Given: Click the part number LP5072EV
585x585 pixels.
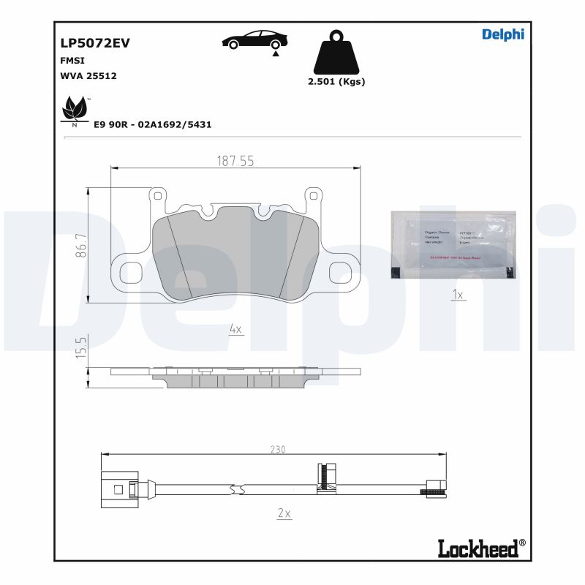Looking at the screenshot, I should pos(95,42).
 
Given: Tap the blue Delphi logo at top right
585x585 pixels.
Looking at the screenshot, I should pos(503,34).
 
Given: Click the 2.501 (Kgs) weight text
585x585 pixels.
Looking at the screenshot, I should pos(336,81).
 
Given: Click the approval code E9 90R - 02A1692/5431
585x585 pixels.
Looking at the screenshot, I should pos(153,124).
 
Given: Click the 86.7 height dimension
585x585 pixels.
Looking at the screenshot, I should pos(82,245).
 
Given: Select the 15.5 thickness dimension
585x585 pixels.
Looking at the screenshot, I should pos(82,347).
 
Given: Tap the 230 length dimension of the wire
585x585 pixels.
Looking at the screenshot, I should pos(278,449).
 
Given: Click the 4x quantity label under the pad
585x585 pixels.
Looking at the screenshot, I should pos(235,330).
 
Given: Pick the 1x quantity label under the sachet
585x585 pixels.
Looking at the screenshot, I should pos(458,295).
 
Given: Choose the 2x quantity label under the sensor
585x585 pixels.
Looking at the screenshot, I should pos(284,513).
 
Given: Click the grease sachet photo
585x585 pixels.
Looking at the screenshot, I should pos(453,244).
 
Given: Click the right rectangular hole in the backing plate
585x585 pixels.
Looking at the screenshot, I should pos(341,272).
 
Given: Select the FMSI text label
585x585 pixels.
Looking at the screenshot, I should pos(72,61).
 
